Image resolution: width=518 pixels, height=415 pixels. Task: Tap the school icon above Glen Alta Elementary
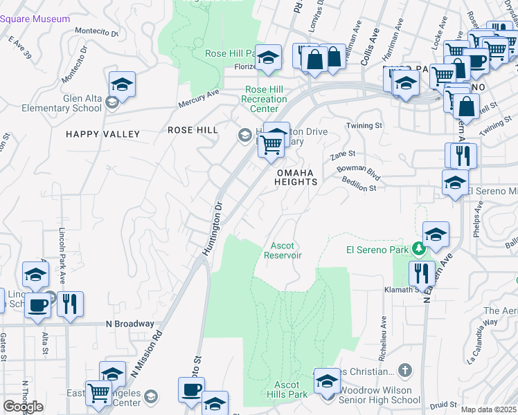tap(122, 84)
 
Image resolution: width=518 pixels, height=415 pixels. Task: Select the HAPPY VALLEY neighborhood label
tap(103, 134)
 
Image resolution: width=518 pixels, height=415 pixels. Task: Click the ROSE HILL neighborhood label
tap(193, 130)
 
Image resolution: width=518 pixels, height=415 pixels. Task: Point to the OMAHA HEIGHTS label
tap(296, 177)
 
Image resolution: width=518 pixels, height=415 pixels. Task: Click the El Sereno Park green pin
tap(418, 248)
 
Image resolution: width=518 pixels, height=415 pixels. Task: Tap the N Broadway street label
tap(129, 324)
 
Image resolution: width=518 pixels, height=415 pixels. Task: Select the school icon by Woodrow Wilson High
tap(328, 380)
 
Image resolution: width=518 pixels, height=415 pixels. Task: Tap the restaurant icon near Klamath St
tap(421, 274)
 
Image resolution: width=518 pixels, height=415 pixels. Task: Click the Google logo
tap(24, 407)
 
